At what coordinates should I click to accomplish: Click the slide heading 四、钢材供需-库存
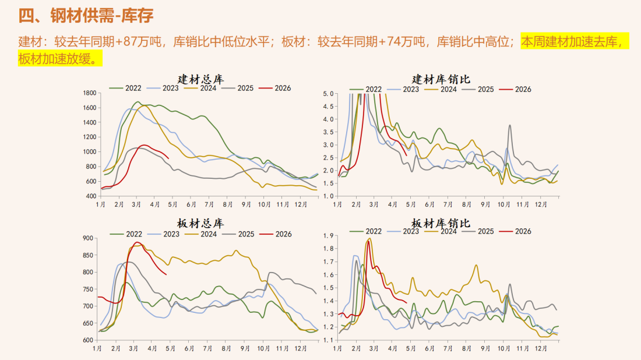pos(86,16)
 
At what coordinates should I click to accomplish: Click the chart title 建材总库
pos(201,79)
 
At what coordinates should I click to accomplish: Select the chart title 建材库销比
pos(441,79)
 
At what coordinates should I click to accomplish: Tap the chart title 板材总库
pos(200,224)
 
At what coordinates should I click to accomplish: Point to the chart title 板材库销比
pos(441,224)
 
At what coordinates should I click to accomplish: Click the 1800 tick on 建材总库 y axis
pos(89,93)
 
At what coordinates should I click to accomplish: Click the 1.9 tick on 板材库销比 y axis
pos(328,236)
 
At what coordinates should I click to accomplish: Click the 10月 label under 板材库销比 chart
pos(503,349)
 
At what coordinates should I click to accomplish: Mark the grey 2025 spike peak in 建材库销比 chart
pos(510,125)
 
